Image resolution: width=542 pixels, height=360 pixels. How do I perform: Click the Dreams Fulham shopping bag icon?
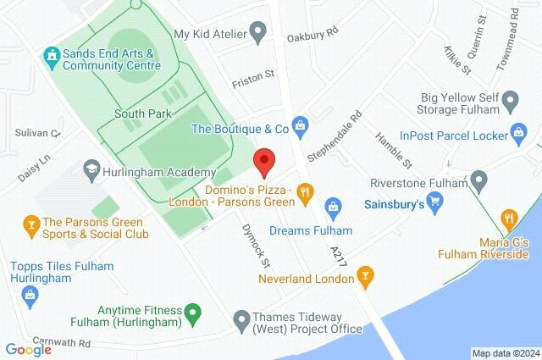point(334,206)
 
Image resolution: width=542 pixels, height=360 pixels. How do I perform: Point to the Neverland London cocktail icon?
point(365,274)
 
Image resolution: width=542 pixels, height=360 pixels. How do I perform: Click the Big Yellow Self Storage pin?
point(510,103)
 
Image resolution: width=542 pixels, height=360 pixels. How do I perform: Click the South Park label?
point(143,114)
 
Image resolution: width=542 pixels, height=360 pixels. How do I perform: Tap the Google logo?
point(28,348)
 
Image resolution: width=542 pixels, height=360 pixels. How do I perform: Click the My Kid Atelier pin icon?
point(260,34)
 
